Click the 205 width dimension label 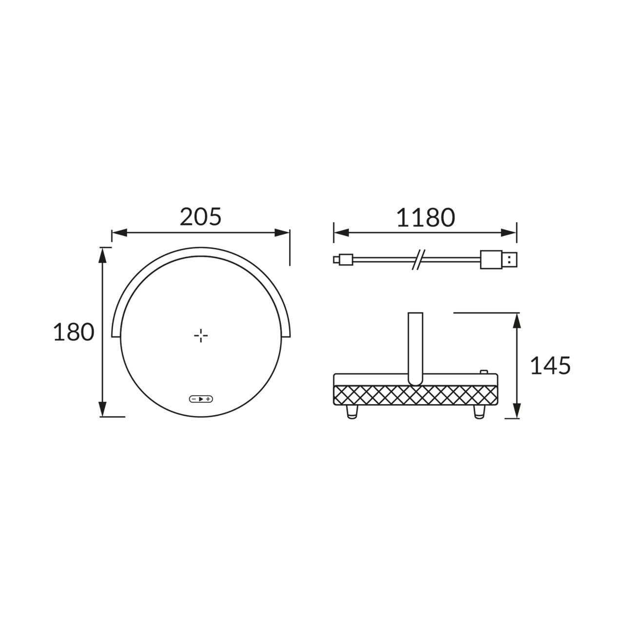[200, 216]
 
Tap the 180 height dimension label [74, 332]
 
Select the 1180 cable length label [426, 217]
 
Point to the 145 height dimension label [550, 366]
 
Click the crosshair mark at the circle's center [201, 335]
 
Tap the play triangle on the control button [201, 399]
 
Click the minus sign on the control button [194, 399]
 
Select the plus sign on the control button [208, 399]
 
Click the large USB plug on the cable [498, 259]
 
